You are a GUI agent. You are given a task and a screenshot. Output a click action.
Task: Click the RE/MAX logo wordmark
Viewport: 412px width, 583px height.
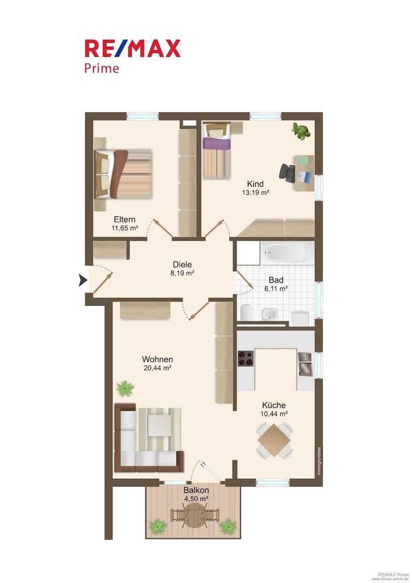click(132, 49)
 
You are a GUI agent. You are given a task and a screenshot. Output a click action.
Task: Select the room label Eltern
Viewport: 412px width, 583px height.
click(125, 219)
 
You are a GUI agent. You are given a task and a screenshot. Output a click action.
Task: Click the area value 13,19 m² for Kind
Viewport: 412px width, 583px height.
click(255, 193)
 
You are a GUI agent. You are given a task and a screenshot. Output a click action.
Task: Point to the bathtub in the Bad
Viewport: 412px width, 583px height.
click(287, 253)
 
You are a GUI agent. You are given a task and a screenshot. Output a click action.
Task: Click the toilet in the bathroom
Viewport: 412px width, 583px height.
click(246, 313)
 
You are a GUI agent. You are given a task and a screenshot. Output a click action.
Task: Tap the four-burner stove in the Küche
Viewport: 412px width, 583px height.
click(245, 358)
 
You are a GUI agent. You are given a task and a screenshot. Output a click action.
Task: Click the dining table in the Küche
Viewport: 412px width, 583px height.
click(274, 440)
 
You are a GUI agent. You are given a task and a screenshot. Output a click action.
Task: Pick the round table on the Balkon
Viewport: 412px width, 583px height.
click(195, 515)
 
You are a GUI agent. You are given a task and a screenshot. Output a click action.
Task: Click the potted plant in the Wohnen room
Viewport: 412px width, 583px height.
click(125, 388)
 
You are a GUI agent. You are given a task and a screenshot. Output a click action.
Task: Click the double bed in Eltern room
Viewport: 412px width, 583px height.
click(124, 174)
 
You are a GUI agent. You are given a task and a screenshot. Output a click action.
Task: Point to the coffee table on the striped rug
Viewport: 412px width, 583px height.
click(160, 425)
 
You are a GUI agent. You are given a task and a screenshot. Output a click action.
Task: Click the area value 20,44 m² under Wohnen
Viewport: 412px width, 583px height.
click(157, 368)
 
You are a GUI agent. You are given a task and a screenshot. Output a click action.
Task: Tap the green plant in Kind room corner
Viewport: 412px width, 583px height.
click(301, 131)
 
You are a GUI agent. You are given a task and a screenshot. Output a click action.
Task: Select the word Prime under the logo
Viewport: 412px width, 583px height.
click(102, 69)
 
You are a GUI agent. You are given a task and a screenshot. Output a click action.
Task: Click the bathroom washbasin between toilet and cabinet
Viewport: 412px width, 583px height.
click(270, 314)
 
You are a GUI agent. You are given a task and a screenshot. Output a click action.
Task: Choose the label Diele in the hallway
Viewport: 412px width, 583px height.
click(182, 265)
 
